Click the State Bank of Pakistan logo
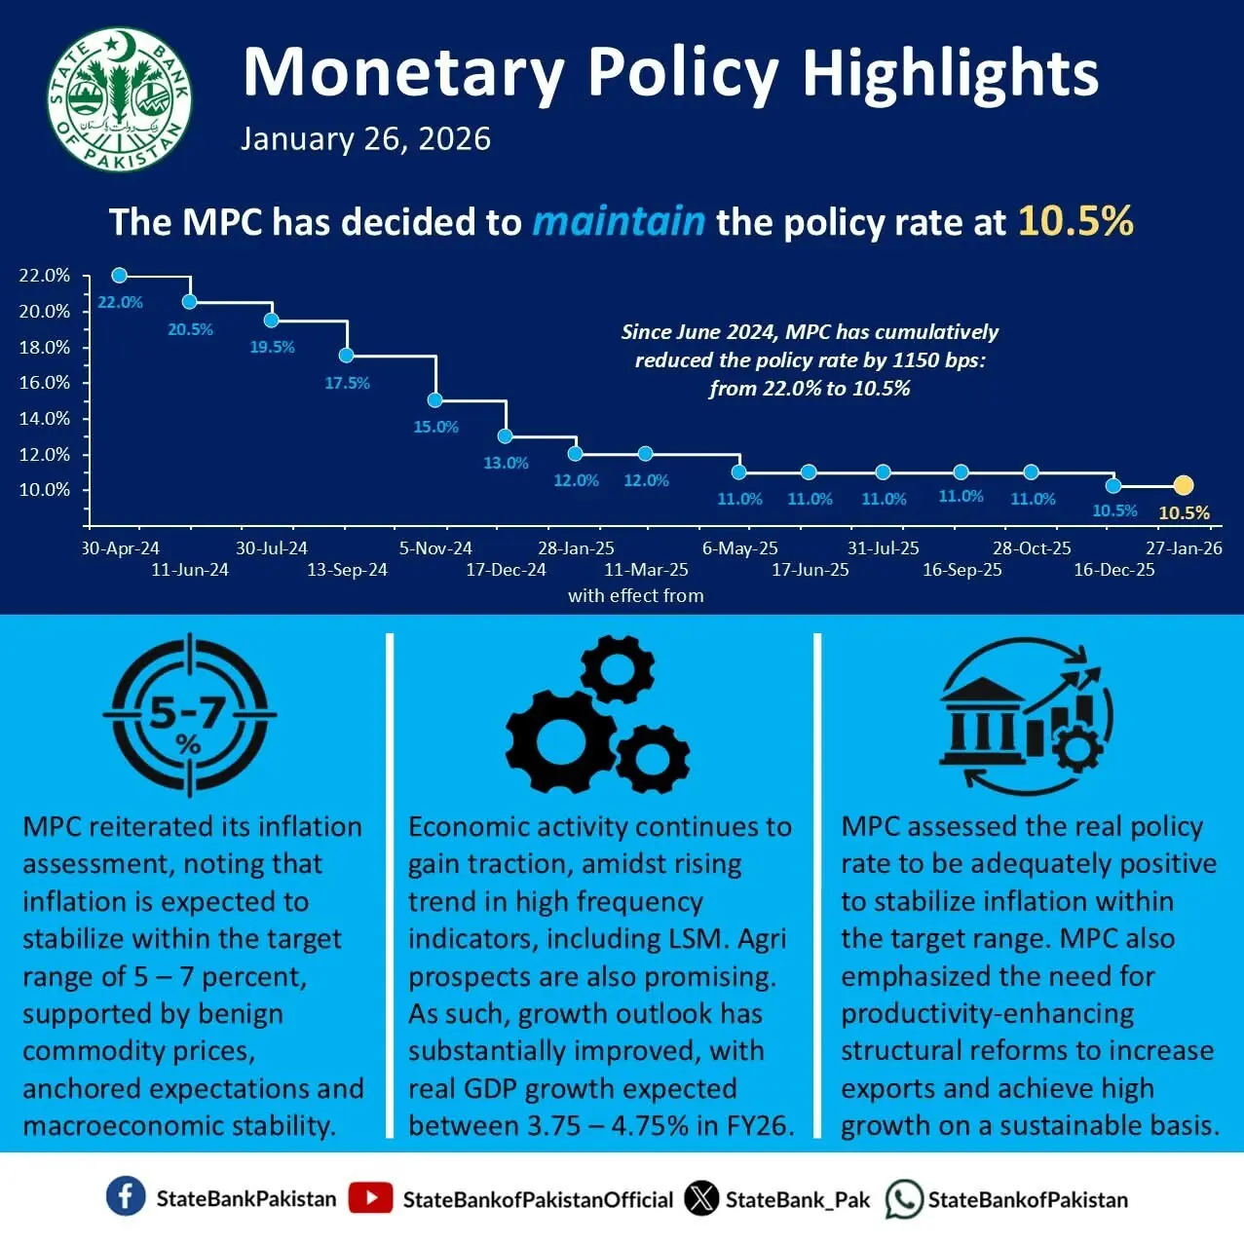[119, 99]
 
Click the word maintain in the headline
[619, 221]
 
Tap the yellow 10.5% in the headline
[1075, 221]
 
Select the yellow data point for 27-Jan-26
[1183, 485]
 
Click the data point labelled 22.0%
[119, 276]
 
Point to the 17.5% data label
[347, 383]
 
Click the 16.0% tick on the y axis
[45, 383]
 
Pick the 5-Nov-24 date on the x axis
[435, 548]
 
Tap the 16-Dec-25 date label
[1113, 570]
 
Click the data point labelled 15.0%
[435, 399]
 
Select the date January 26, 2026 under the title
[365, 139]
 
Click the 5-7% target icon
[189, 714]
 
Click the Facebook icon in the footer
[126, 1197]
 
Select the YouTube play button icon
[370, 1198]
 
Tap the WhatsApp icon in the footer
[903, 1199]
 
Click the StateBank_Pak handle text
[797, 1199]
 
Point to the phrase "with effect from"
[635, 595]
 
